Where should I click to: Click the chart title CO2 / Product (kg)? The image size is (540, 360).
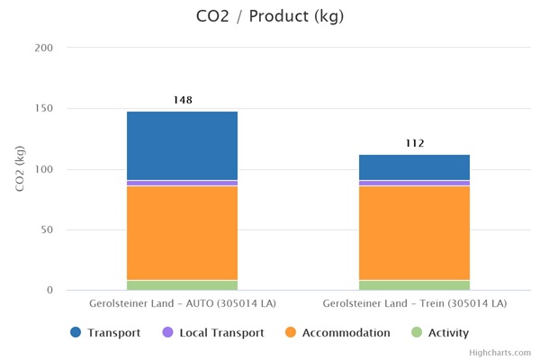coord(269,16)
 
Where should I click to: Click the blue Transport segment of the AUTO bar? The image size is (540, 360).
coord(182,146)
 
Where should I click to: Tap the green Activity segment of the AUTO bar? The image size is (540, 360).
coord(182,285)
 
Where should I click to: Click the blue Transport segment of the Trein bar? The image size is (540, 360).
coord(414,167)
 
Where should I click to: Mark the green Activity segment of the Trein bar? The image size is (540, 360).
coord(414,285)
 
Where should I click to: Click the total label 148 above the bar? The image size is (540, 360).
coord(183,100)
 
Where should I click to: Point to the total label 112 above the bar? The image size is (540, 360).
coord(414,143)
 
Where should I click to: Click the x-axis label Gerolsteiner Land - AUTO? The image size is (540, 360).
coord(182,304)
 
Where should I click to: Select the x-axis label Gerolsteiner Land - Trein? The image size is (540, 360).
coord(414,304)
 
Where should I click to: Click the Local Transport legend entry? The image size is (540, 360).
coord(212,333)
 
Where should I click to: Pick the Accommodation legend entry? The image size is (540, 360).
coord(337,333)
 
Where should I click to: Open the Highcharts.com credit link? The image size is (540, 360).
coord(499,353)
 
